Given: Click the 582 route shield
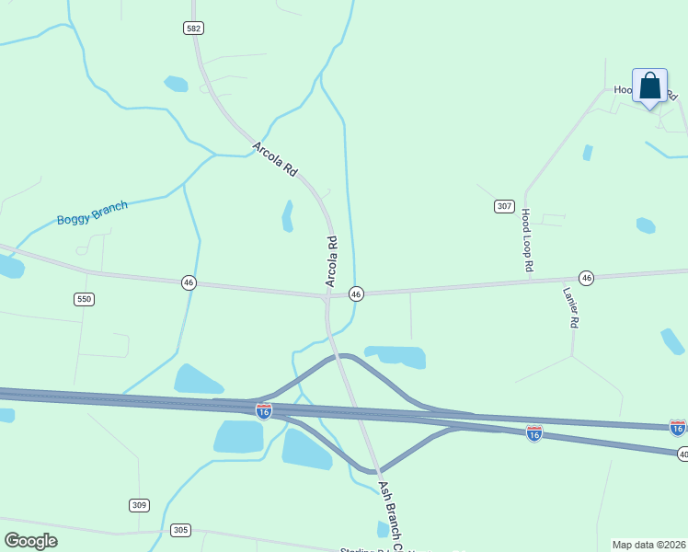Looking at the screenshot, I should tap(193, 29).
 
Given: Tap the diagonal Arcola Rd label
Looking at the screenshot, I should tap(276, 158).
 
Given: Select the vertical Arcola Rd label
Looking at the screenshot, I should tap(333, 260).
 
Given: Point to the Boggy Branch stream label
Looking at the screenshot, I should tap(92, 213).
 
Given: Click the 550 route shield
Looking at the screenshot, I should tap(85, 299).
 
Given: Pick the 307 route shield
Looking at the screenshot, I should tap(503, 206).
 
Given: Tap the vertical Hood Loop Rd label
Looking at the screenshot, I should tap(527, 239).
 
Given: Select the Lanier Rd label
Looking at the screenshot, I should tap(570, 308).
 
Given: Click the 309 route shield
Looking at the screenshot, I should tap(139, 505).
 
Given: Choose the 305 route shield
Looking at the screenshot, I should tap(180, 530).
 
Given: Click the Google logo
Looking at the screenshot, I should tap(30, 540).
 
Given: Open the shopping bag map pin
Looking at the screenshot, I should tap(649, 87).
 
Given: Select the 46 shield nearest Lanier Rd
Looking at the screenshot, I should tap(586, 277).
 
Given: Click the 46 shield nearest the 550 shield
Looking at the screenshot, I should tap(189, 282).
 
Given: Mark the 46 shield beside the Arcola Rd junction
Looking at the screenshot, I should tap(356, 293).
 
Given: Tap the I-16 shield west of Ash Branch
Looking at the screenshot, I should tap(264, 411).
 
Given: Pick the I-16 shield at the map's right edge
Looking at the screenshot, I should tap(678, 427).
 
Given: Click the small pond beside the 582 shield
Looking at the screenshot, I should tap(176, 84).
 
